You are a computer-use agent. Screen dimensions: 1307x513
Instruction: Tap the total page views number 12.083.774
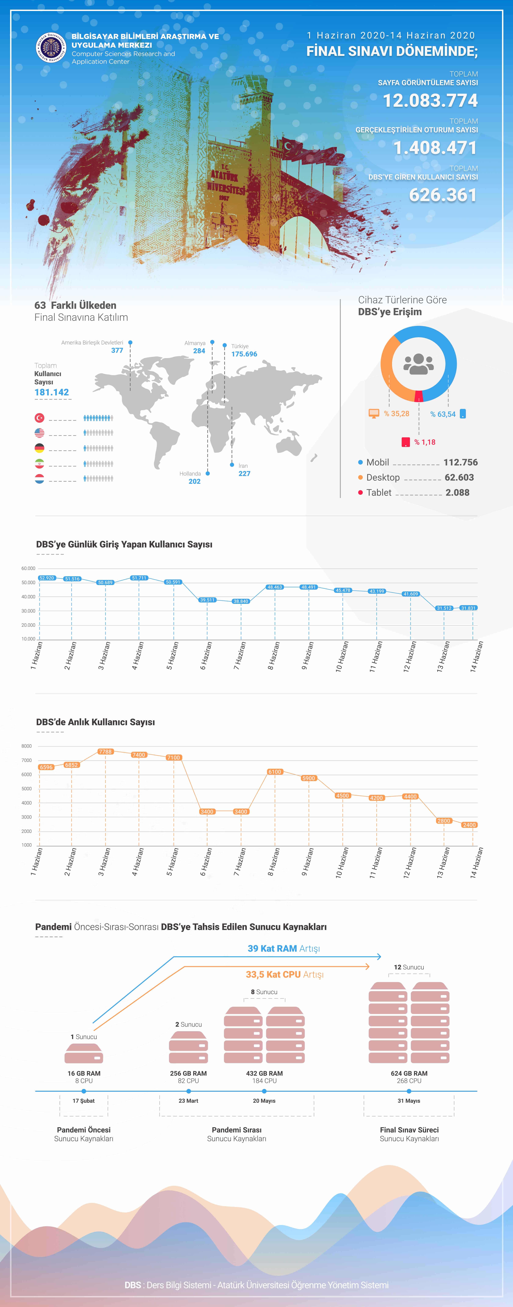[x=430, y=100]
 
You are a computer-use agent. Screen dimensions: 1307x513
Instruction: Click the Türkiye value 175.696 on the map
[x=244, y=354]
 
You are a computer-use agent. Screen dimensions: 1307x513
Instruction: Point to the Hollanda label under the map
[x=190, y=473]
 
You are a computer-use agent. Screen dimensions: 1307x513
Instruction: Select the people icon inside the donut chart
[x=419, y=363]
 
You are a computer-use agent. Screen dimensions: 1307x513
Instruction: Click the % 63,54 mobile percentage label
[x=442, y=414]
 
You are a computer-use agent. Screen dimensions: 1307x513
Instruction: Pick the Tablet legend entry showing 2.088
[x=414, y=493]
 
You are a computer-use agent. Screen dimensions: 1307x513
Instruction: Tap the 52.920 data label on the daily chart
[x=47, y=578]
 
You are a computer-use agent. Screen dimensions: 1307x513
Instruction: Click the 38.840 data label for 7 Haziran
[x=240, y=601]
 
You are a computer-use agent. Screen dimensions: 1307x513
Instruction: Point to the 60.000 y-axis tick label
[x=28, y=568]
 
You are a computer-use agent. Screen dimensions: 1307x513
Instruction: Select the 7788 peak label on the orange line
[x=105, y=751]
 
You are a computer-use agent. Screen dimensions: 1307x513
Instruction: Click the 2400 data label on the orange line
[x=469, y=825]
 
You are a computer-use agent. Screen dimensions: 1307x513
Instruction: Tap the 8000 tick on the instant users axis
[x=26, y=746]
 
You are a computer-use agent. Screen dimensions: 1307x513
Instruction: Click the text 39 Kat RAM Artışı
[x=283, y=948]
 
